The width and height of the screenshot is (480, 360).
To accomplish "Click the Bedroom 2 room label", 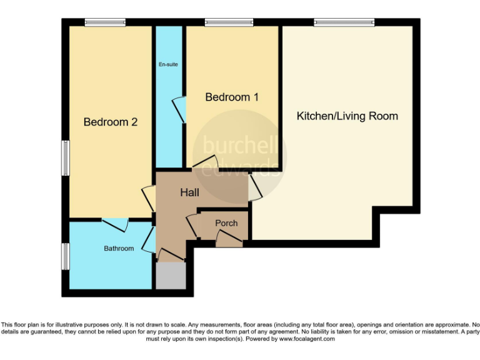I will (110, 122).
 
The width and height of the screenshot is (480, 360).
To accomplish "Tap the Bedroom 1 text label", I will (232, 97).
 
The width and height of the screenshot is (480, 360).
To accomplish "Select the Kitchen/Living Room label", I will (347, 116).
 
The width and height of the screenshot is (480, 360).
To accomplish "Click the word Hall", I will (189, 193).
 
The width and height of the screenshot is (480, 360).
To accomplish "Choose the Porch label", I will (226, 223).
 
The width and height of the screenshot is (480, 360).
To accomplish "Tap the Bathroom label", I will (119, 249).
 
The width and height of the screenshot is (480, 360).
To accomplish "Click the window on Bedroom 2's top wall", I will (105, 23).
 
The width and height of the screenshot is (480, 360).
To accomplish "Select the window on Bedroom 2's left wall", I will (65, 158).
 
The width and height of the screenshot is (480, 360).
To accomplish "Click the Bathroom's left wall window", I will (65, 256).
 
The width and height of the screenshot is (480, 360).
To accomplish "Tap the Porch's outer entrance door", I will (226, 237).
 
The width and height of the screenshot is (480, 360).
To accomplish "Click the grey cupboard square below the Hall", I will (171, 276).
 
